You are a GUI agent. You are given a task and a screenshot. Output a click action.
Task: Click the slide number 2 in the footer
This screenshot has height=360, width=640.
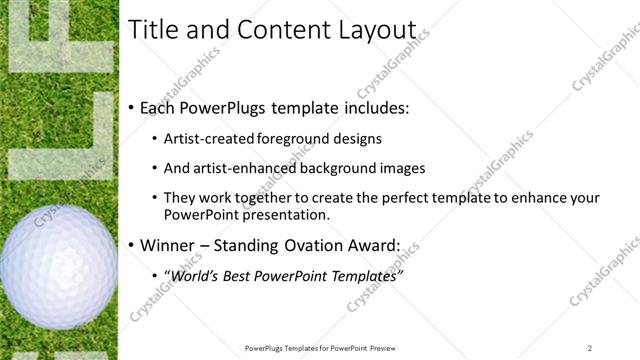coord(590,347)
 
